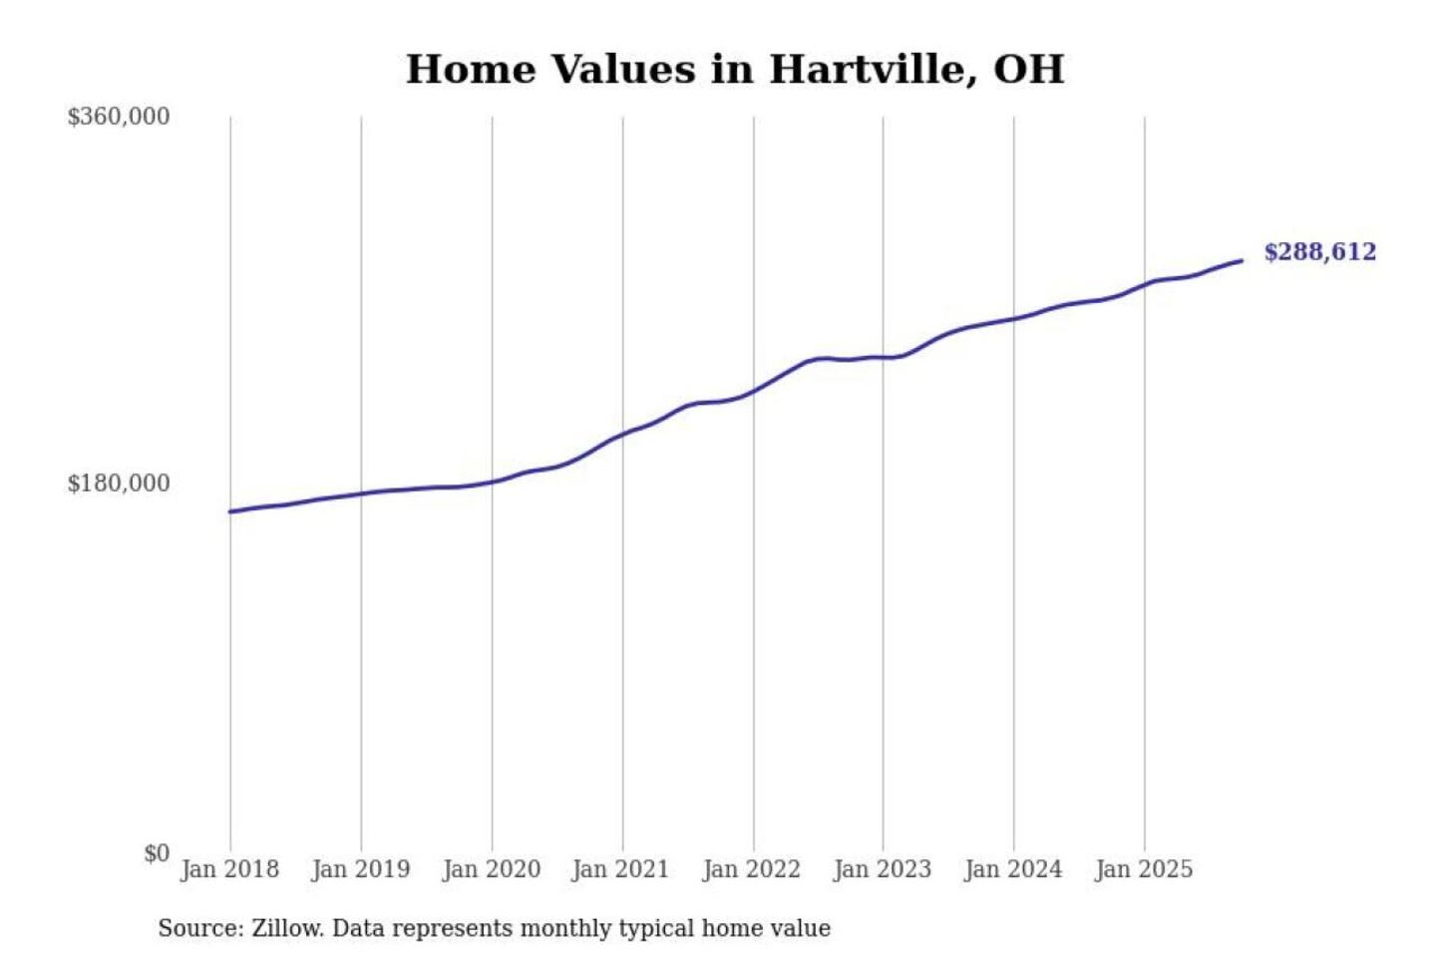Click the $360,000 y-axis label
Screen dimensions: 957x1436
coord(119,117)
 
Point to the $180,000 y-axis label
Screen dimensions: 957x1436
coord(119,483)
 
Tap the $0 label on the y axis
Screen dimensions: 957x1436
coord(157,853)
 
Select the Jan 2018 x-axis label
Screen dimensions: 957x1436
coord(229,869)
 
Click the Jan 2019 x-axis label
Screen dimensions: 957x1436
coord(360,869)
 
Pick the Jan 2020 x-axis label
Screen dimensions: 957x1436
coord(491,869)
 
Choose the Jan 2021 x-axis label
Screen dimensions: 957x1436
coord(620,869)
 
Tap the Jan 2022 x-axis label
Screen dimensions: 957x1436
coord(751,869)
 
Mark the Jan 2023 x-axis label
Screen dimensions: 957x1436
coord(882,869)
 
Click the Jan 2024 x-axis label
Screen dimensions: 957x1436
coord(1013,869)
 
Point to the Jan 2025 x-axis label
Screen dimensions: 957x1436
coord(1143,869)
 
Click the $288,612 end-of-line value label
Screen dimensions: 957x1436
coord(1319,251)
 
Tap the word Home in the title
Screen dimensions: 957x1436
coord(468,70)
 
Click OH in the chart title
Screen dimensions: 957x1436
coord(1028,70)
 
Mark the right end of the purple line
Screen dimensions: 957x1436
coord(1242,261)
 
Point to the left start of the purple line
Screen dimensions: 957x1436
coord(230,511)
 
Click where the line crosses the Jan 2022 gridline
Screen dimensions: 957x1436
coord(754,391)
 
